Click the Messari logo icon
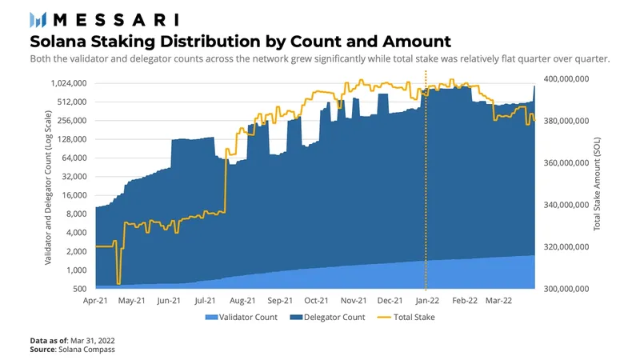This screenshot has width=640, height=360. (38, 19)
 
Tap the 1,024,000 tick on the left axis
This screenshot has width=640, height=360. (69, 83)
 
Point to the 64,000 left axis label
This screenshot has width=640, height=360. (74, 158)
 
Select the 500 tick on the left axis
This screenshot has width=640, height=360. (80, 289)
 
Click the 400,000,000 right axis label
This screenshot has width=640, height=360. (566, 78)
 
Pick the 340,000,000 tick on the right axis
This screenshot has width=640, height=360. (566, 205)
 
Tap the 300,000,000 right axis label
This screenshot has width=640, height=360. (566, 289)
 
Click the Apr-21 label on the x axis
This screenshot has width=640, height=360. (95, 301)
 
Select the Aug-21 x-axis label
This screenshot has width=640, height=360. (242, 301)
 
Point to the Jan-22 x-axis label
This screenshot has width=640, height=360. (427, 301)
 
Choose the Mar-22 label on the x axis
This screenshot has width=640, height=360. (498, 301)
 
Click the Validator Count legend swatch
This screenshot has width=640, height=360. (211, 317)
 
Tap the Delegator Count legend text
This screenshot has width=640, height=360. (334, 317)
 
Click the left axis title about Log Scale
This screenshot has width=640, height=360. (48, 187)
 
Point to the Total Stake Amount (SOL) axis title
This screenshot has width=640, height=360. (597, 184)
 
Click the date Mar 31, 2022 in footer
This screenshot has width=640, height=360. (93, 341)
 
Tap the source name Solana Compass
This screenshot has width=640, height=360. (86, 350)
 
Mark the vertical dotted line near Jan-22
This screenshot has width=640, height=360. (426, 180)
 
